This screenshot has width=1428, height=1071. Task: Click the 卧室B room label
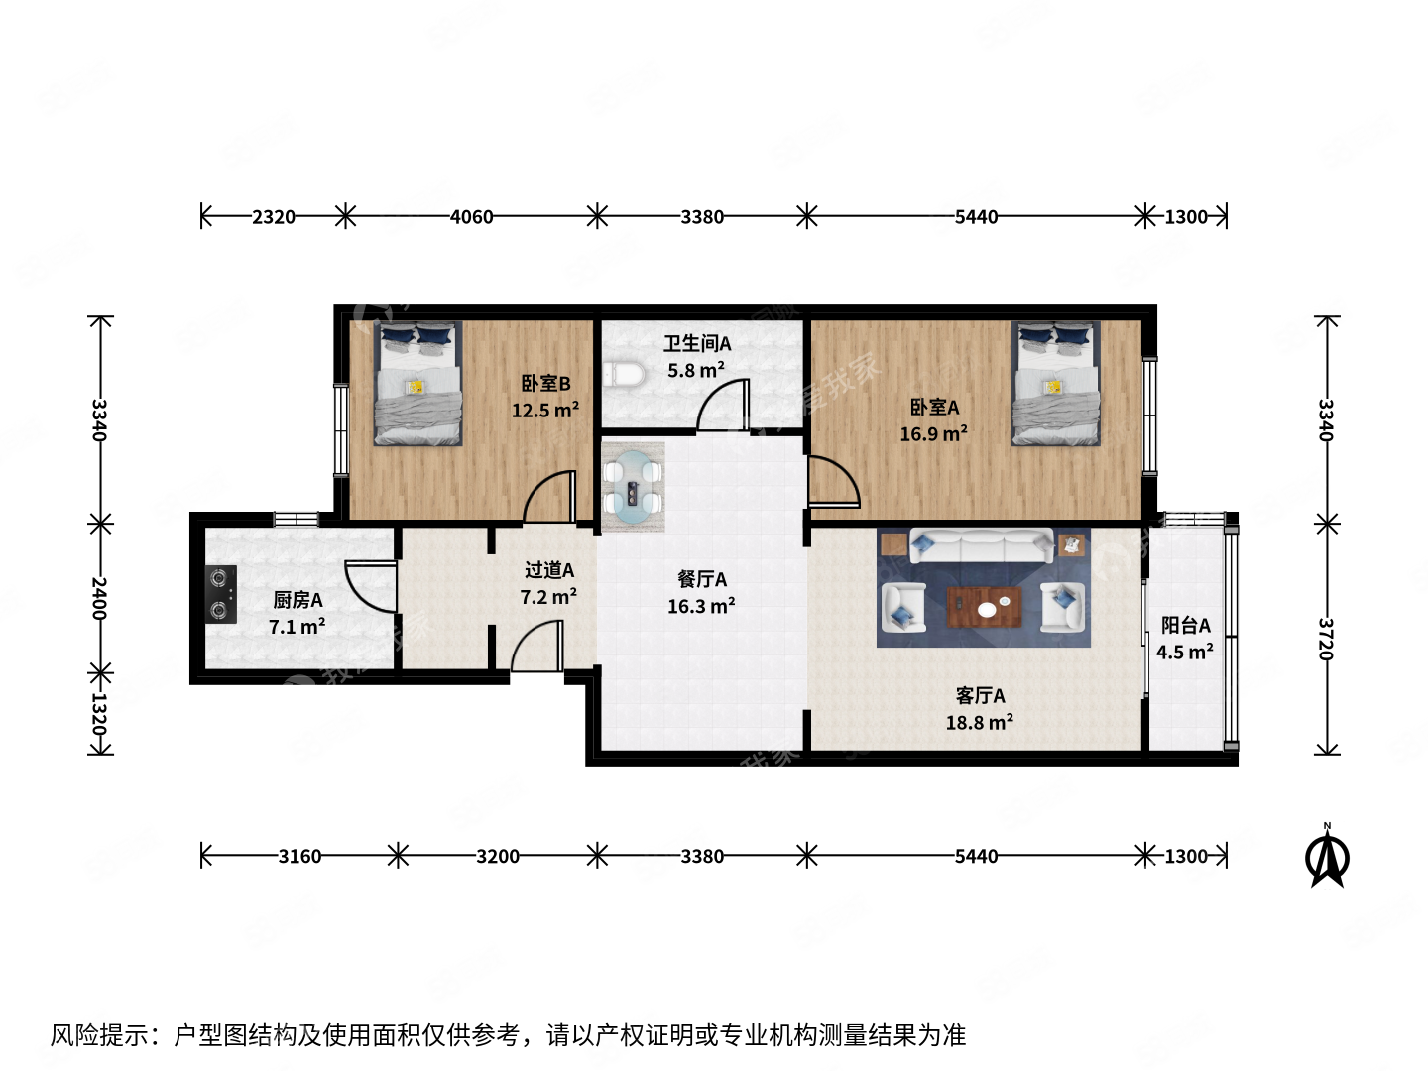(x=545, y=384)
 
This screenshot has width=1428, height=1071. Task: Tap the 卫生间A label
(x=697, y=344)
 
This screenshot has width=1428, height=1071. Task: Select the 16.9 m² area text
(x=933, y=434)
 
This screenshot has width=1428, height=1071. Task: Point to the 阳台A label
(x=1185, y=626)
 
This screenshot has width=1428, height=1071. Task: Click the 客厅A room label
(x=980, y=696)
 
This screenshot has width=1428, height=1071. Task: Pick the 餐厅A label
(x=702, y=579)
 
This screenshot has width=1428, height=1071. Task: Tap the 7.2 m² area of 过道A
(x=548, y=597)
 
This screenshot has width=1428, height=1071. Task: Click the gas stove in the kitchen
(x=221, y=594)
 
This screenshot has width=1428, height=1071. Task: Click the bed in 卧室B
(x=417, y=383)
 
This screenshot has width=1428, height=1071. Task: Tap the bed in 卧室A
(x=1055, y=383)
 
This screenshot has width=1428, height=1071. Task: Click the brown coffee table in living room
(x=984, y=607)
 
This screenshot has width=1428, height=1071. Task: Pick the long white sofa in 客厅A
(x=982, y=546)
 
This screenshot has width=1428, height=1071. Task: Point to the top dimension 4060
(x=471, y=217)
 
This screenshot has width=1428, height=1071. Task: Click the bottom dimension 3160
(x=299, y=856)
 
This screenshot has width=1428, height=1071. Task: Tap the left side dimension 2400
(x=99, y=598)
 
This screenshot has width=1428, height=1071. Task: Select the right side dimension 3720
(x=1327, y=639)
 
